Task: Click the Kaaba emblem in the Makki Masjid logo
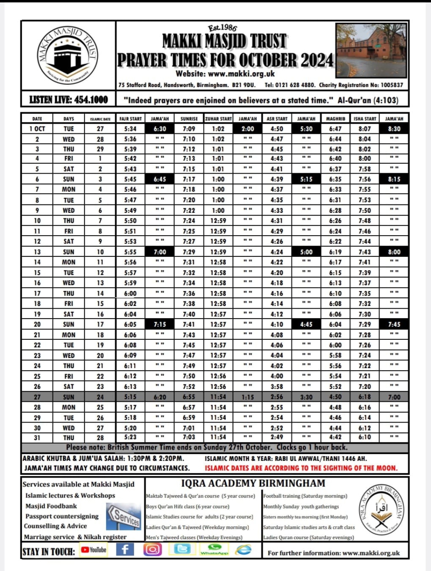67,55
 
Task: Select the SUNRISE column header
189,119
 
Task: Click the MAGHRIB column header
335,119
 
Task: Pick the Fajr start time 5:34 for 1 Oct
130,129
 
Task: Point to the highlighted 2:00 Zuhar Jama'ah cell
247,129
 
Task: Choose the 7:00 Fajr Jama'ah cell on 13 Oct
160,252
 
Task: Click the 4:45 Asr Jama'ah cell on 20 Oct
306,325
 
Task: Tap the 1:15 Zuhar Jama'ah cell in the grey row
247,397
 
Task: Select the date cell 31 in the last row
37,438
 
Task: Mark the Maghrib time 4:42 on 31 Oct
335,437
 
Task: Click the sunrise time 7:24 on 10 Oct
189,221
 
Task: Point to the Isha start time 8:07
364,129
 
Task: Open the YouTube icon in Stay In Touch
94,550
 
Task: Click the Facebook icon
125,550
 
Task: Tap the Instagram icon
152,550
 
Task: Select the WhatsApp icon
214,549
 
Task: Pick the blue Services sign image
124,516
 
